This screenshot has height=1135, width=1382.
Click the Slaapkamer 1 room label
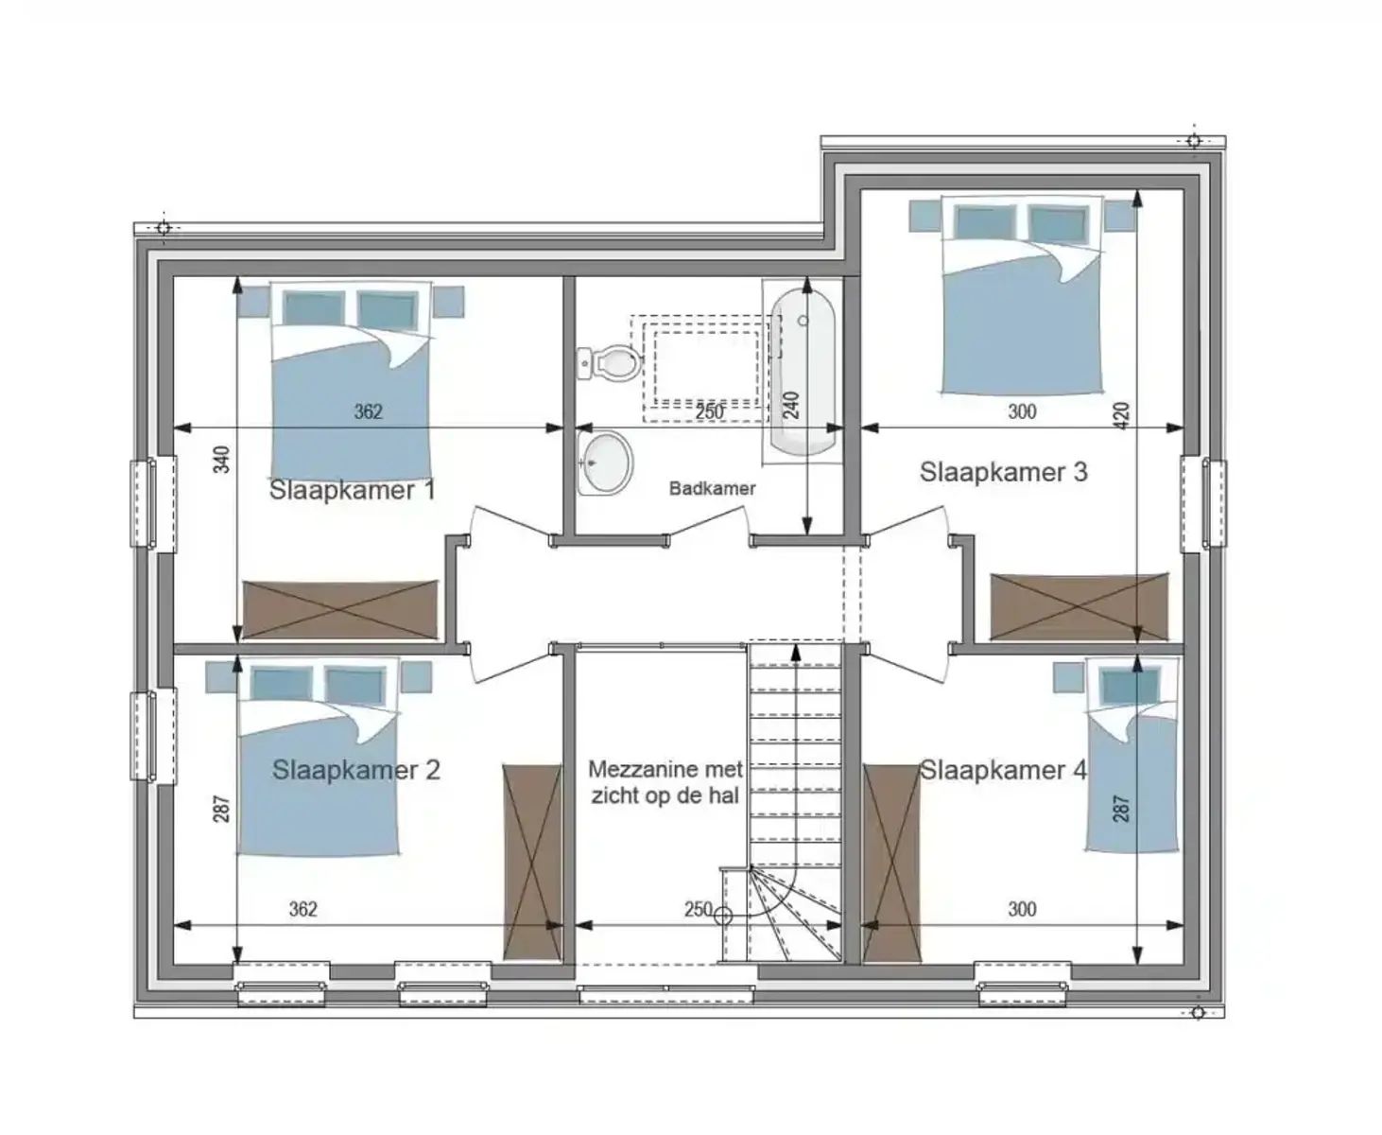click(x=352, y=490)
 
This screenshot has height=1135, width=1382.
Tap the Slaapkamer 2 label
click(x=355, y=770)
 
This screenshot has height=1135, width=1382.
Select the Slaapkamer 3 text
click(x=1003, y=472)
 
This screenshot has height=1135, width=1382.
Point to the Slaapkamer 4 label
click(x=1003, y=770)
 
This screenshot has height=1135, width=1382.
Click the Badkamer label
click(x=712, y=489)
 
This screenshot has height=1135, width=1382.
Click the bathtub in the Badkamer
click(x=803, y=371)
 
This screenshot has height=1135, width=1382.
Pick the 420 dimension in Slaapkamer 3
click(x=1121, y=417)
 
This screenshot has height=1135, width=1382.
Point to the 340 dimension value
click(x=220, y=459)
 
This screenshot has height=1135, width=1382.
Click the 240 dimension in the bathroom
click(x=792, y=405)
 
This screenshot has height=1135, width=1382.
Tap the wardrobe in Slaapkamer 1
click(x=340, y=609)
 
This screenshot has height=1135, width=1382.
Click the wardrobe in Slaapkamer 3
click(x=1079, y=606)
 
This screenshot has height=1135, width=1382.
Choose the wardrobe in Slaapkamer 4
click(x=891, y=863)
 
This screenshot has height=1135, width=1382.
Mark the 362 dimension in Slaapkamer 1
click(x=368, y=411)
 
